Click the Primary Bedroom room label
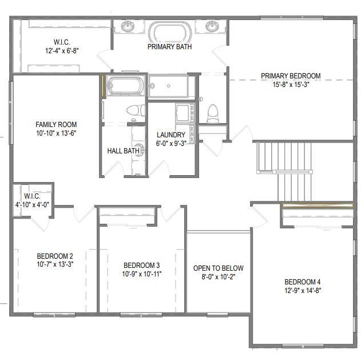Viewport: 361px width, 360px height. (291, 76)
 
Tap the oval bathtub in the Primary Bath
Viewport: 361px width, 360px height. (169, 30)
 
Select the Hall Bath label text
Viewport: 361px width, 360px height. (124, 151)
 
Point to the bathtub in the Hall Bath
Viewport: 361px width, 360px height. (124, 86)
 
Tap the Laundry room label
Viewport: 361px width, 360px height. (171, 135)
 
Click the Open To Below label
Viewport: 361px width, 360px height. (218, 268)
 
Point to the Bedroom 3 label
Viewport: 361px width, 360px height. (141, 265)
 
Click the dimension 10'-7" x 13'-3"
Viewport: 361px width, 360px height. (55, 264)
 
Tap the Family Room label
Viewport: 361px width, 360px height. (56, 124)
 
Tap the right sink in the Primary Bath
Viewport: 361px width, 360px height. (213, 26)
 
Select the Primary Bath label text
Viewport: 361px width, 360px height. (169, 47)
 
